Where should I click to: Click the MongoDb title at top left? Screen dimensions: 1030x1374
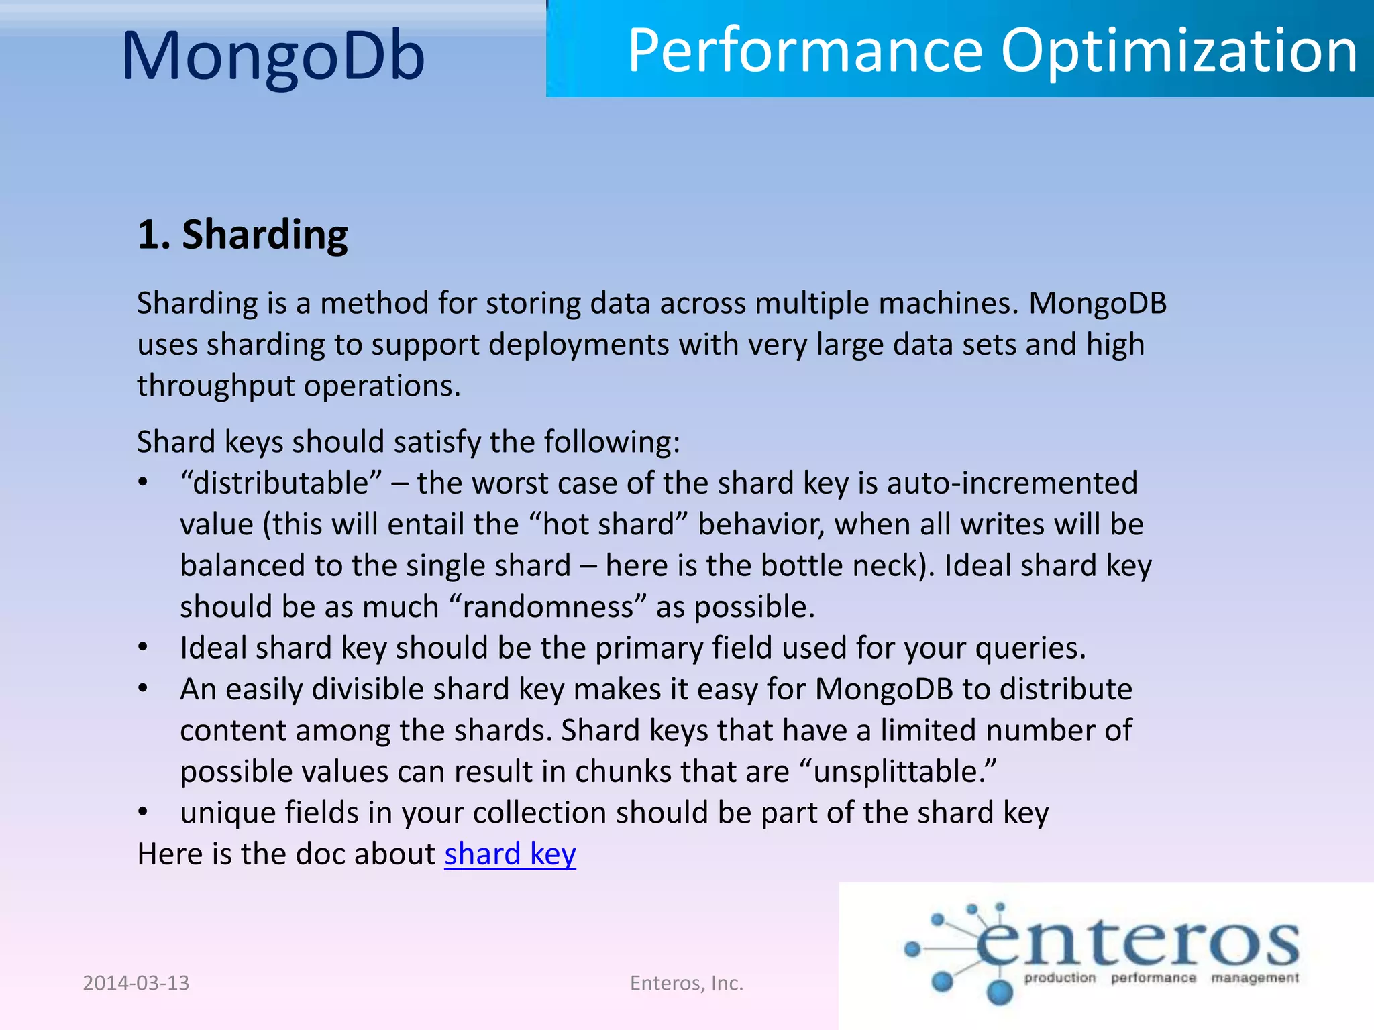pos(273,56)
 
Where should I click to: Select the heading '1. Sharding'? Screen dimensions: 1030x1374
pos(242,235)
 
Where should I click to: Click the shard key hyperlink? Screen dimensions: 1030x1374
pos(510,854)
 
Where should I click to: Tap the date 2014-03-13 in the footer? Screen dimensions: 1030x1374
pos(136,983)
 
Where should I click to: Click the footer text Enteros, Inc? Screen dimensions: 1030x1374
pos(686,983)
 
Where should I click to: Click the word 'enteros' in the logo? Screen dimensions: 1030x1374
pos(1137,943)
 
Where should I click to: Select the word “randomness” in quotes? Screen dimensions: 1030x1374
pos(547,607)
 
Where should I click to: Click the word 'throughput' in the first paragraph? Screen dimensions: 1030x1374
pos(215,386)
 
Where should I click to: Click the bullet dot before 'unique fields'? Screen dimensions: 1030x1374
pos(143,812)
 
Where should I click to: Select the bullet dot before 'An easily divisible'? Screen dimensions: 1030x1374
pos(143,689)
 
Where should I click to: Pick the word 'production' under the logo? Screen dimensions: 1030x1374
pos(1059,978)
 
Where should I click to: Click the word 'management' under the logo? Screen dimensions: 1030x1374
pos(1255,978)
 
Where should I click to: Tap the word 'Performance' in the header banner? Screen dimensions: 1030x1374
pos(806,52)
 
